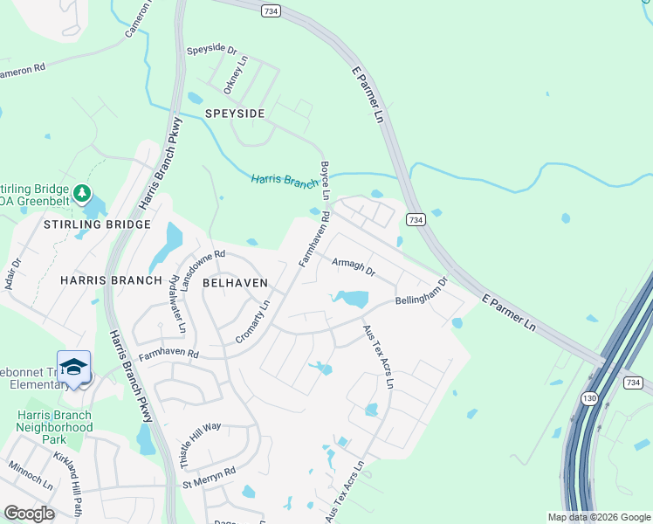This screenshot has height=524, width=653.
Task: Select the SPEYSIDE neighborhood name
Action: point(234,114)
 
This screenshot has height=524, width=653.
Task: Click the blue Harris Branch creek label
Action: point(284,181)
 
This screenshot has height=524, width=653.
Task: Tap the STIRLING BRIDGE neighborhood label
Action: point(86,224)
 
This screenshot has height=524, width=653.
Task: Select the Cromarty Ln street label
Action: point(254,322)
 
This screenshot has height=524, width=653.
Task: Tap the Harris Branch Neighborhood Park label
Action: point(57,421)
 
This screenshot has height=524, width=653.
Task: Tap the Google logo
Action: point(29,514)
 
